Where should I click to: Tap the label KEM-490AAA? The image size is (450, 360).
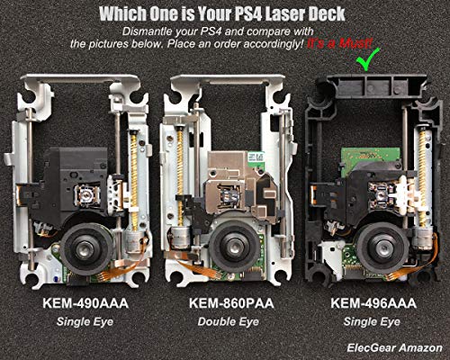(85, 303)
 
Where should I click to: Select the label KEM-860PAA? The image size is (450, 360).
(231, 303)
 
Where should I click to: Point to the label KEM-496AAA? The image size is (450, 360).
(373, 303)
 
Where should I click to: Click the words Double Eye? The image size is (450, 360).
(228, 322)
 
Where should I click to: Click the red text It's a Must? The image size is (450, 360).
(339, 44)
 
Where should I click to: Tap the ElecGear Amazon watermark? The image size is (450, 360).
(394, 347)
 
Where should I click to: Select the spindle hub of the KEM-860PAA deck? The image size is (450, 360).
(233, 246)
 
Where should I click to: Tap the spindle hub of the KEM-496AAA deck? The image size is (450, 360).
(382, 248)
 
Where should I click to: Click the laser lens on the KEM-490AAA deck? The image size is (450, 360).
(87, 195)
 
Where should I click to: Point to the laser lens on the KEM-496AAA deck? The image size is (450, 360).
(381, 195)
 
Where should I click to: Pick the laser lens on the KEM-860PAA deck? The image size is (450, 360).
(229, 195)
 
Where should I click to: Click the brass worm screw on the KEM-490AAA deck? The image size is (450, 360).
(134, 177)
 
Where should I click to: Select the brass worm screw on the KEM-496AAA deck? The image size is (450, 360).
(423, 177)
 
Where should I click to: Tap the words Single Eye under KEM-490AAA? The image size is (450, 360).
(85, 322)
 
